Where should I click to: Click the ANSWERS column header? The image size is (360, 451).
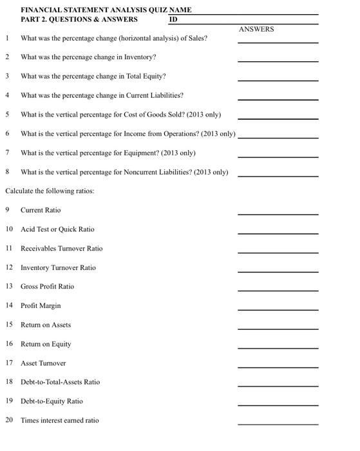pyautogui.click(x=256, y=29)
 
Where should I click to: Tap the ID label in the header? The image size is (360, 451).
pyautogui.click(x=173, y=19)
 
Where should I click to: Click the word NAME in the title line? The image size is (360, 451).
pyautogui.click(x=180, y=10)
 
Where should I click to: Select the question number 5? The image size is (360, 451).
pyautogui.click(x=7, y=115)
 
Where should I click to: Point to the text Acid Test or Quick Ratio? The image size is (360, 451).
pyautogui.click(x=57, y=229)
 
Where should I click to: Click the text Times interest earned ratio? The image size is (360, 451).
pyautogui.click(x=60, y=421)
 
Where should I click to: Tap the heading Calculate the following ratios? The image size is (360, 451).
pyautogui.click(x=50, y=191)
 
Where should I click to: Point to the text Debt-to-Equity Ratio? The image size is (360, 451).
pyautogui.click(x=52, y=401)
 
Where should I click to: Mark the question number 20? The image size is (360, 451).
pyautogui.click(x=9, y=421)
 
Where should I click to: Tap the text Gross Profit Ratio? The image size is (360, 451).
pyautogui.click(x=47, y=287)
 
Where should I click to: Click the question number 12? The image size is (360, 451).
pyautogui.click(x=9, y=267)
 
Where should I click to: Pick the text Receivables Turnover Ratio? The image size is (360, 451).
pyautogui.click(x=61, y=249)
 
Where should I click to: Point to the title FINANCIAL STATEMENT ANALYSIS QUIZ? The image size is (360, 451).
pyautogui.click(x=93, y=10)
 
